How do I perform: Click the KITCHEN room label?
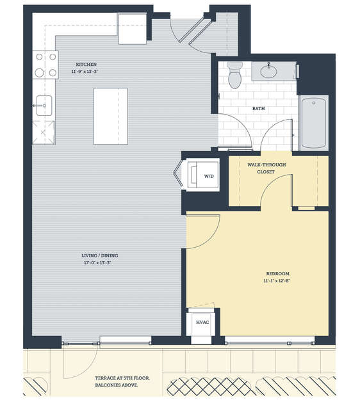86,64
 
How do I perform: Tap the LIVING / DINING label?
100,255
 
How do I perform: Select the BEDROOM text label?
277,273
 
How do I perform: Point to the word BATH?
258,108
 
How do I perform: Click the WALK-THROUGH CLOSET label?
266,168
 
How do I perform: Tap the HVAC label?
202,323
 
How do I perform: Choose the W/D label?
209,176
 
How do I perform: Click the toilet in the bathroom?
234,75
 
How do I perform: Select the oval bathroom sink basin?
269,72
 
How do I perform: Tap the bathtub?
313,123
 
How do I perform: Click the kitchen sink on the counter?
44,106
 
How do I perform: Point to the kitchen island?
111,116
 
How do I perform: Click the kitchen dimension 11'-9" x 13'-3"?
85,71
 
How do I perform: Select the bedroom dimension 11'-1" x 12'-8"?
277,281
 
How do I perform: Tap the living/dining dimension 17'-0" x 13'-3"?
97,263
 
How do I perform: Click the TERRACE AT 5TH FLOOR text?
122,378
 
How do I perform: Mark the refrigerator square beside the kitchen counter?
133,29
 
